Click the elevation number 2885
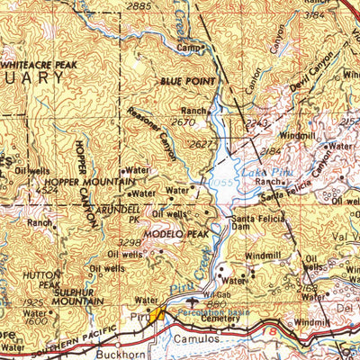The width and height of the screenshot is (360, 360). (139, 6)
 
